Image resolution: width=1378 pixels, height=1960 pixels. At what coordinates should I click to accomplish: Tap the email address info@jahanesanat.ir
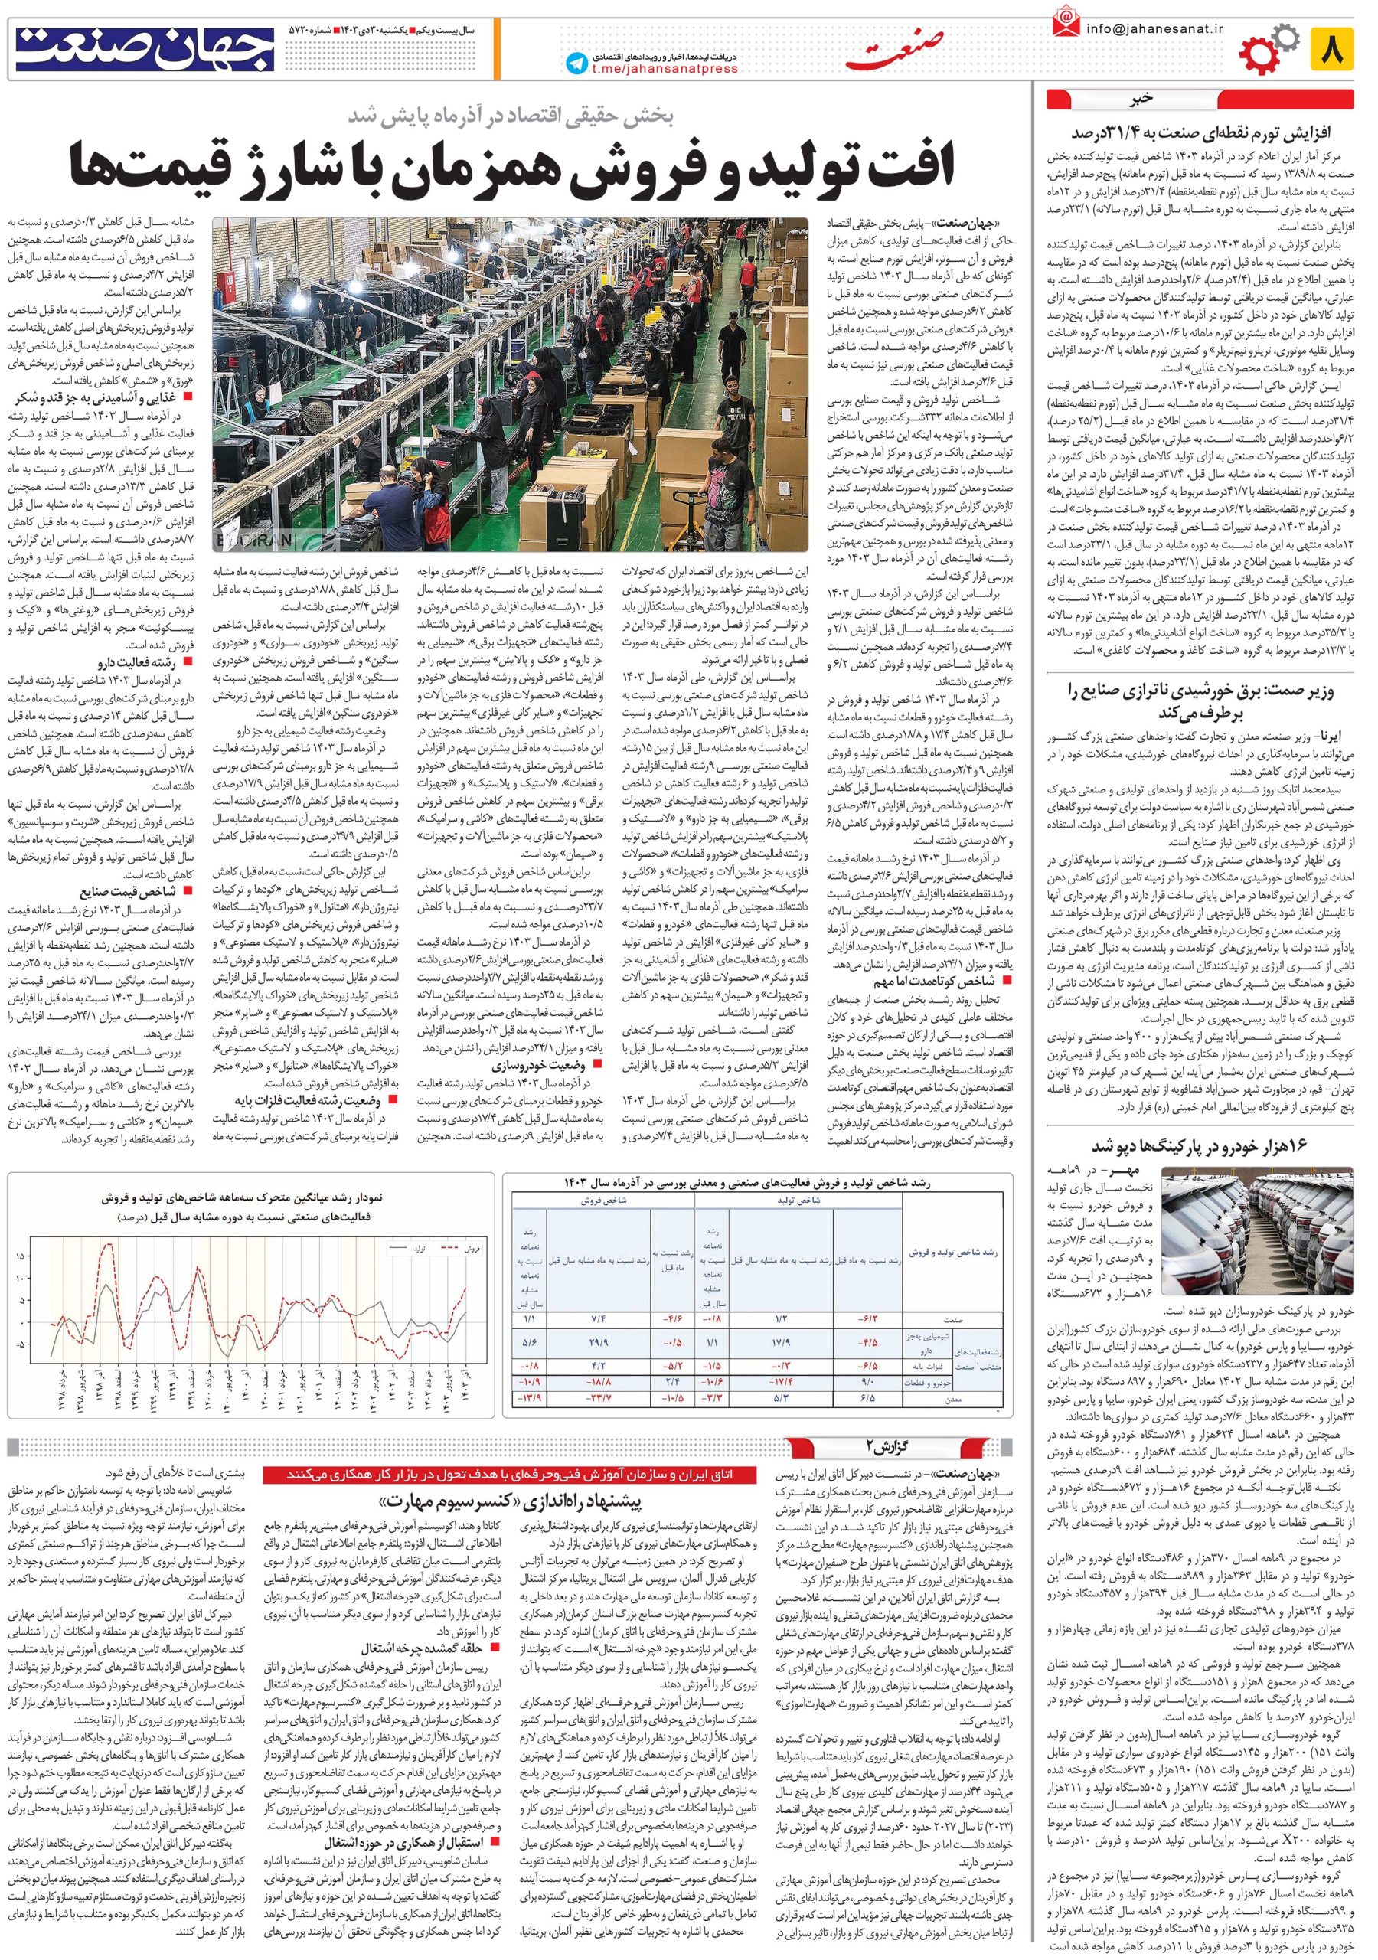coord(1154,28)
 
